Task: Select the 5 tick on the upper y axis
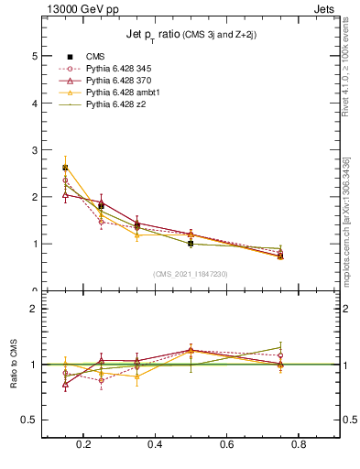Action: click(x=35, y=56)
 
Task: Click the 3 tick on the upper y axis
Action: click(x=35, y=150)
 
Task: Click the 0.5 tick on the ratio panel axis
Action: click(x=30, y=420)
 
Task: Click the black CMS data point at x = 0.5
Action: click(x=191, y=244)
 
